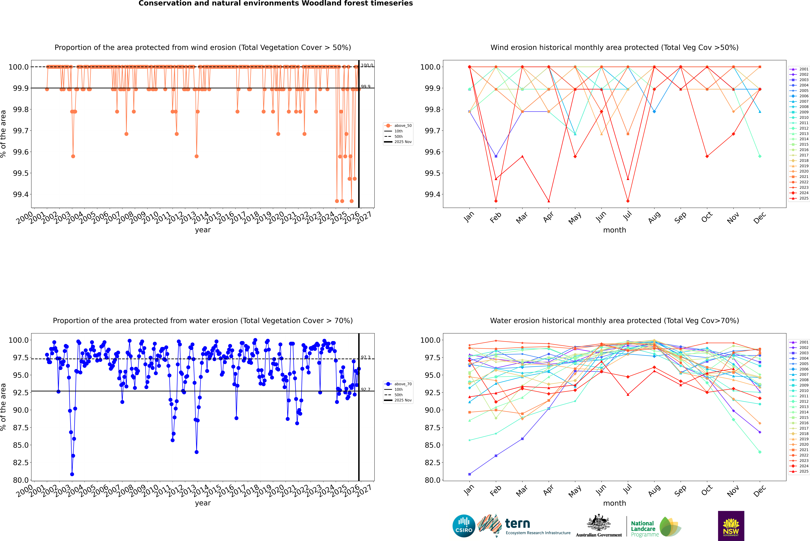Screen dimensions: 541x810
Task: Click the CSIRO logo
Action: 464,526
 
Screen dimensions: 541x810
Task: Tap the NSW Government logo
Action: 731,526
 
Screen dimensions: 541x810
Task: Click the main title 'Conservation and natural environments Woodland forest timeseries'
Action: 275,3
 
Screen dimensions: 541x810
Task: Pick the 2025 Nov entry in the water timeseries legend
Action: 403,400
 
